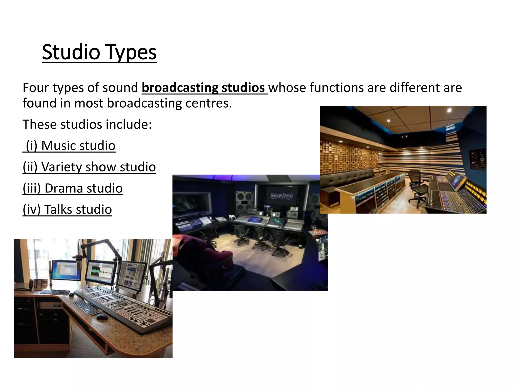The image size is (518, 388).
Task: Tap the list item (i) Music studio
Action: pyautogui.click(x=70, y=146)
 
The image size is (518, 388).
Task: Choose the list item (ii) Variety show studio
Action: pyautogui.click(x=89, y=167)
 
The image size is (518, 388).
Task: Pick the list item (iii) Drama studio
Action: pyautogui.click(x=73, y=188)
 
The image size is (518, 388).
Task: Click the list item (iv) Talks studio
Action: pyautogui.click(x=67, y=209)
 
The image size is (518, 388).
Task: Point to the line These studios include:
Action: pyautogui.click(x=87, y=124)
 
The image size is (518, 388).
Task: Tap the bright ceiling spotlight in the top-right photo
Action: pyautogui.click(x=449, y=110)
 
